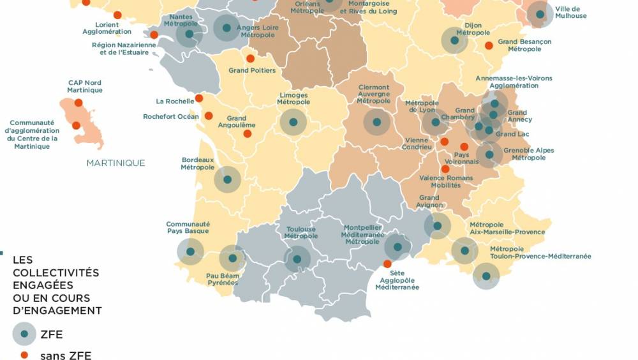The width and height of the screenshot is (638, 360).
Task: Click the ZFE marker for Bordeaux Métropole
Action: [x=227, y=179]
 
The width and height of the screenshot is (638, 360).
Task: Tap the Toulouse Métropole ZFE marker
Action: [x=297, y=259]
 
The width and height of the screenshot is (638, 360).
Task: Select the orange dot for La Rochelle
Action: [x=199, y=98]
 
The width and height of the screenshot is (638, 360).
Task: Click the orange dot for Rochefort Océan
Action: [x=209, y=116]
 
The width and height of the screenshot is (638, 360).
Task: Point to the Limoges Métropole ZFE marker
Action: [x=293, y=122]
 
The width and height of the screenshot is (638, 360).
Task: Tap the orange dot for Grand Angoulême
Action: [x=248, y=133]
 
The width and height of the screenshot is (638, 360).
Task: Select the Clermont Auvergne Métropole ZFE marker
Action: [x=376, y=122]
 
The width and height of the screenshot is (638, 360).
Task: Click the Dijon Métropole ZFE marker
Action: [x=454, y=40]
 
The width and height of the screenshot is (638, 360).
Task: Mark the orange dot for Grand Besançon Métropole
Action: [x=489, y=45]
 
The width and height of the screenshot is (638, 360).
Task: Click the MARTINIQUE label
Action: [x=115, y=163]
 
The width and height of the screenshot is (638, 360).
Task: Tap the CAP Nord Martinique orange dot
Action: [x=78, y=103]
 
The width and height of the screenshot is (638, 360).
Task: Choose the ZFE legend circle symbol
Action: [x=24, y=334]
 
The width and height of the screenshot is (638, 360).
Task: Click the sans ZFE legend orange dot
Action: [x=24, y=355]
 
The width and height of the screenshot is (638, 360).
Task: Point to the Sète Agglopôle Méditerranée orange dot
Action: [x=387, y=264]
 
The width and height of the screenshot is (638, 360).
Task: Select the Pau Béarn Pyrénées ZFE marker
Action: [x=232, y=259]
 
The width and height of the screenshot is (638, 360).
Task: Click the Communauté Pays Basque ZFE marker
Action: [x=190, y=251]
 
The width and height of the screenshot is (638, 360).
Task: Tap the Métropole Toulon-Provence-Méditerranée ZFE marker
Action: [x=486, y=276]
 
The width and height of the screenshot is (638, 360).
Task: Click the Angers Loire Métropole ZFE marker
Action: [x=226, y=28]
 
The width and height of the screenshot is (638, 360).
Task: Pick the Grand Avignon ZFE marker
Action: [x=438, y=225]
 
